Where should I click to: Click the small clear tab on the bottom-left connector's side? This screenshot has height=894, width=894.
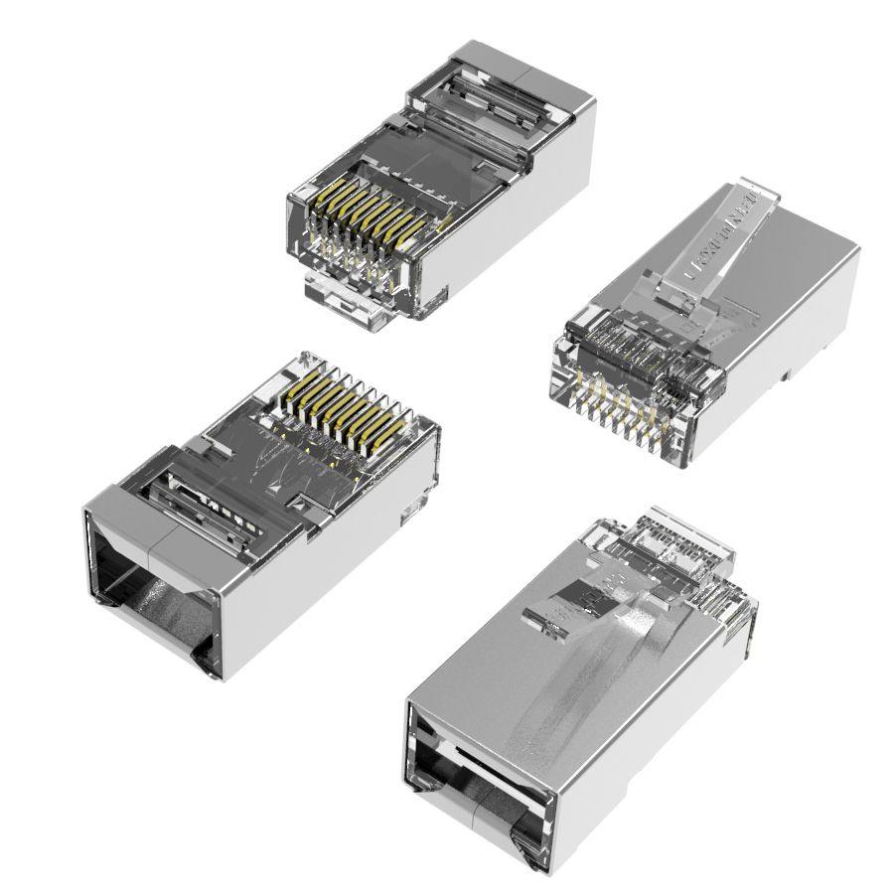tap(409, 513)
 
